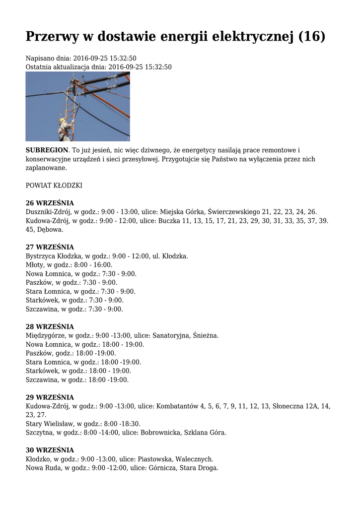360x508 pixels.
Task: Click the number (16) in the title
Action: (x=312, y=36)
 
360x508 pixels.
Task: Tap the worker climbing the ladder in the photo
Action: (x=64, y=127)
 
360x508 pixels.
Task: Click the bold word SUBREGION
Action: (x=47, y=150)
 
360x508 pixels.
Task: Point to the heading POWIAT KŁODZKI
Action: (x=54, y=186)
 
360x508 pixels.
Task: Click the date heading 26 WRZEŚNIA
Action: (x=50, y=203)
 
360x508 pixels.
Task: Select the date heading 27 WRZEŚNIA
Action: (x=50, y=247)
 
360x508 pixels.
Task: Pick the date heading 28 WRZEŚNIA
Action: (x=50, y=327)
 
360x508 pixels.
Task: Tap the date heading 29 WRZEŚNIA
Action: (x=50, y=397)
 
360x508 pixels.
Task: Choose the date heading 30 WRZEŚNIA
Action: (x=50, y=450)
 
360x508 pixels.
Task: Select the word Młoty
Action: (x=35, y=265)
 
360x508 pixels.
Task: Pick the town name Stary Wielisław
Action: (x=48, y=424)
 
